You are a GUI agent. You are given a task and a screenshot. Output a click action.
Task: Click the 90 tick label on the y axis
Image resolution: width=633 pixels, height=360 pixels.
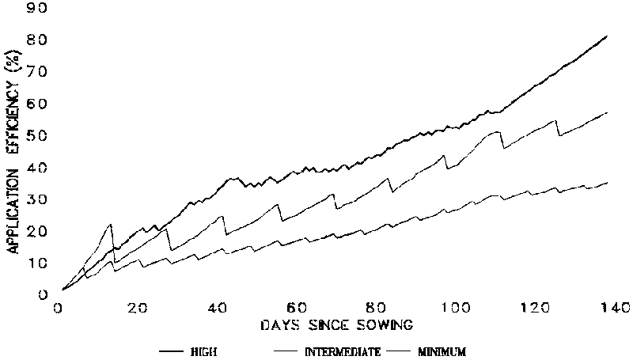click(x=37, y=8)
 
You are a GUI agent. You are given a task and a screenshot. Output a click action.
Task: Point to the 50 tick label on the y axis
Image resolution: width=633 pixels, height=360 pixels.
click(x=37, y=136)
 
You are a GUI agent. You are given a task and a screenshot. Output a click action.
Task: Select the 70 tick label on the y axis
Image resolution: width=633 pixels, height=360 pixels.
click(x=37, y=72)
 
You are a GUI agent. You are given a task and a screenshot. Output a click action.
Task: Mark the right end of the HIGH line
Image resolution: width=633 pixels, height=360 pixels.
click(x=607, y=36)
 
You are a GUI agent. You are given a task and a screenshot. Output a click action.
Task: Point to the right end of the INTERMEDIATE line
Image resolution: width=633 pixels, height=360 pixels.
click(x=607, y=112)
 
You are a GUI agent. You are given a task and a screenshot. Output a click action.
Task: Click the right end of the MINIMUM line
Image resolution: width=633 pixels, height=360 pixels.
click(x=607, y=183)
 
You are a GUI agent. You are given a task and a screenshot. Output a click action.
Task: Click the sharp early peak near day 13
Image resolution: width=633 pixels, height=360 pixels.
click(x=111, y=225)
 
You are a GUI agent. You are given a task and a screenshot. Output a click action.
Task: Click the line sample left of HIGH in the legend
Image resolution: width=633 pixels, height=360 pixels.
click(x=174, y=349)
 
